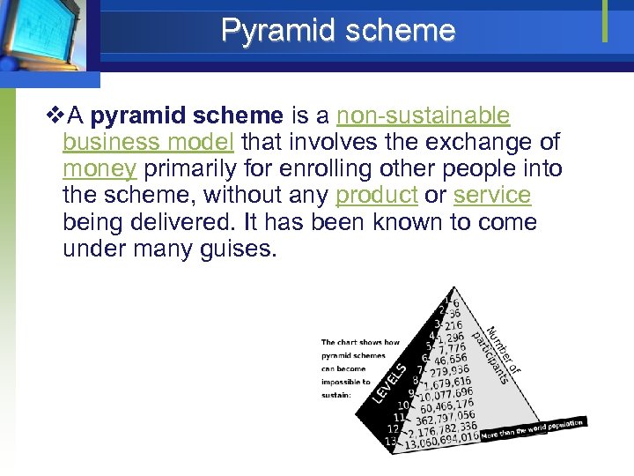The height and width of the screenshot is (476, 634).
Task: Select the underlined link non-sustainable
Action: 424,116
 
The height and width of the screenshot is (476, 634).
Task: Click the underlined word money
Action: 99,168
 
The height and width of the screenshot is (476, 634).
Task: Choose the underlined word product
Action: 376,195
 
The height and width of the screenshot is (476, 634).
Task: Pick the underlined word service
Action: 492,195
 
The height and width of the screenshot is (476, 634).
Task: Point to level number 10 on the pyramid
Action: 403,405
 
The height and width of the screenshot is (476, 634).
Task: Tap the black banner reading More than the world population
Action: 532,429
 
